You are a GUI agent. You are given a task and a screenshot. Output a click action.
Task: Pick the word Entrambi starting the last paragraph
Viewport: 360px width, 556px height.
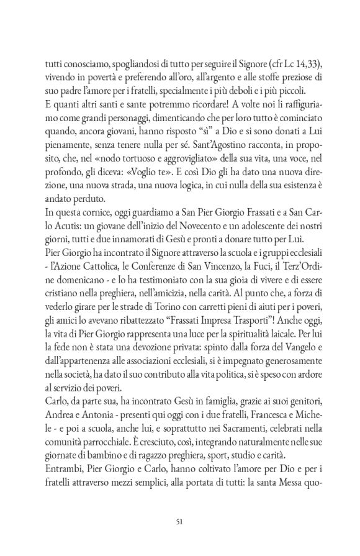61,450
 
